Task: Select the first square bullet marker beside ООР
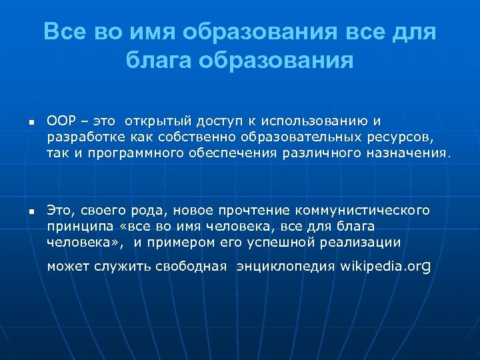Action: click(31, 123)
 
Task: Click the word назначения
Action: click(407, 153)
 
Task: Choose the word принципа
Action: click(75, 227)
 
